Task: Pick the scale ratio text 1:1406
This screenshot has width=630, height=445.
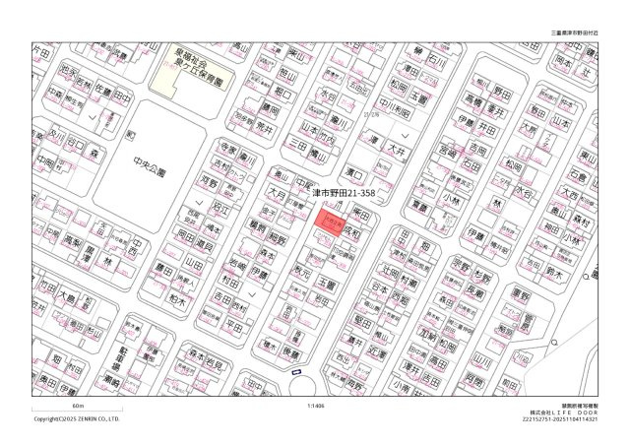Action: coord(315,405)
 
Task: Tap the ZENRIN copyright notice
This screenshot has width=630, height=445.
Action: coord(77,418)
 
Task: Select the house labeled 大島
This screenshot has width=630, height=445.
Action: coord(67,296)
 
